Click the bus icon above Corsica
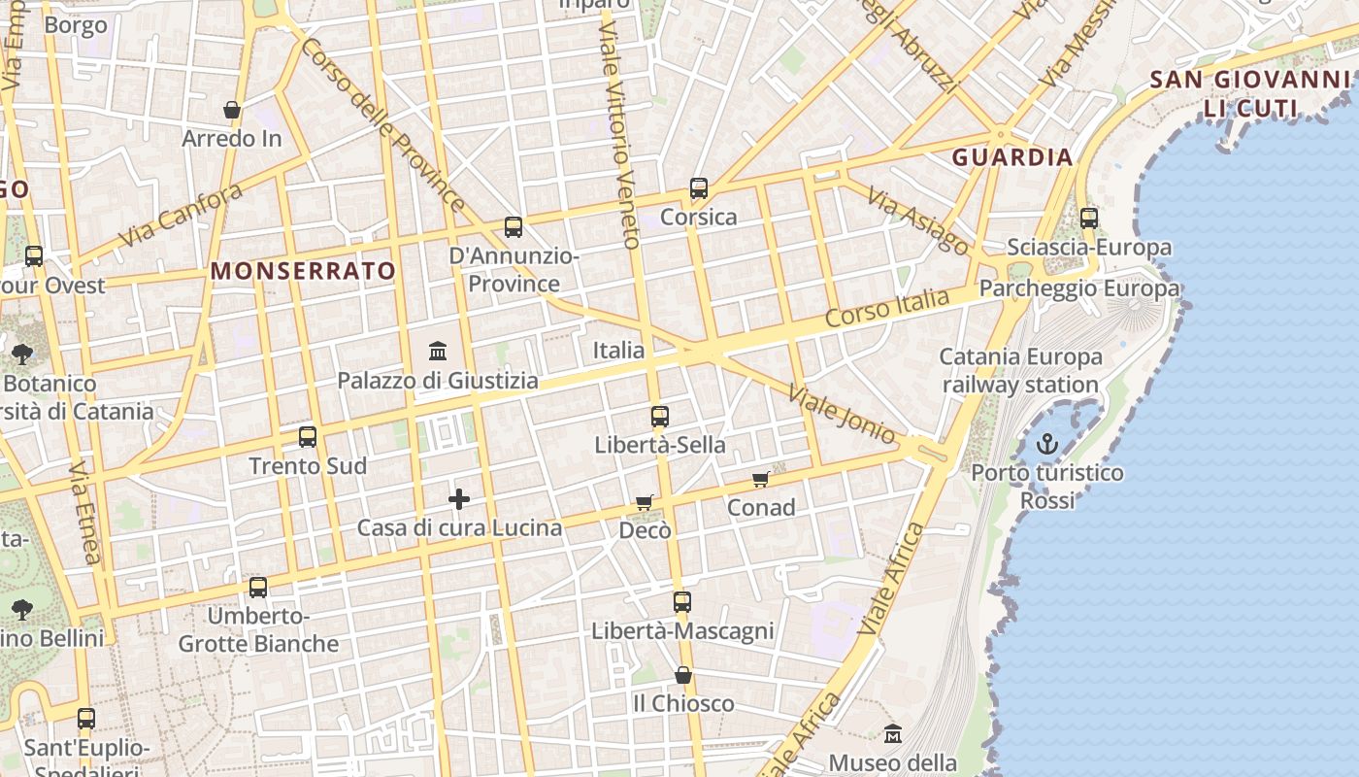[x=699, y=188]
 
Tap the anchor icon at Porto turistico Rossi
[x=1047, y=445]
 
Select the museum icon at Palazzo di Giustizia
[x=437, y=350]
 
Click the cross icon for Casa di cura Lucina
[x=459, y=499]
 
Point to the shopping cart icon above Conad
[x=761, y=479]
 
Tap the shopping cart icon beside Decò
[x=645, y=502]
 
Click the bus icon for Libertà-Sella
[x=660, y=417]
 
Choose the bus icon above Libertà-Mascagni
[x=682, y=601]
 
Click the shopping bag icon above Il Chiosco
[x=683, y=674]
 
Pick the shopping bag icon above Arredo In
[x=232, y=110]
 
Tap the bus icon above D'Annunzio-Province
[x=514, y=227]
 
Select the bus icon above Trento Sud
[x=308, y=436]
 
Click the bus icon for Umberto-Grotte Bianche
[x=258, y=587]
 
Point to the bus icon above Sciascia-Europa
[x=1089, y=218]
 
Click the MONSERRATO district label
[x=304, y=271]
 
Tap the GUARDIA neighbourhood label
[x=1012, y=157]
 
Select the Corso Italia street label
[x=886, y=307]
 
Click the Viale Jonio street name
[x=842, y=415]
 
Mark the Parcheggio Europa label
[x=1079, y=288]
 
